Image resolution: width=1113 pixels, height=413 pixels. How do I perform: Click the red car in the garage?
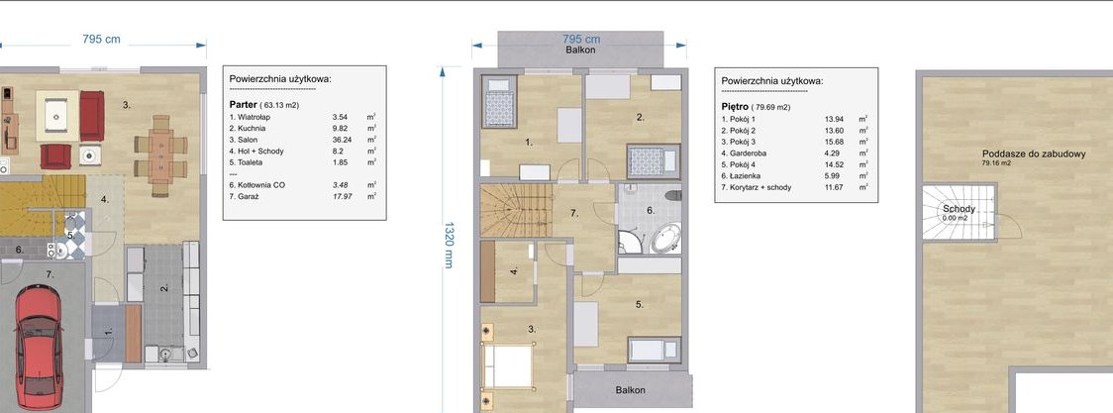pyautogui.click(x=38, y=348)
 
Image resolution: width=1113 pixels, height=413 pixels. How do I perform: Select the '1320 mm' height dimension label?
pyautogui.click(x=449, y=245)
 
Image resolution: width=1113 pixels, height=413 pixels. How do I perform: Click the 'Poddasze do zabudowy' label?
pyautogui.click(x=1034, y=154)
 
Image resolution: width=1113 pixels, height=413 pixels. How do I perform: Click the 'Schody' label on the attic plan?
pyautogui.click(x=959, y=209)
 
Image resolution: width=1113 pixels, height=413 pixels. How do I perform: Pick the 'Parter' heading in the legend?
pyautogui.click(x=243, y=104)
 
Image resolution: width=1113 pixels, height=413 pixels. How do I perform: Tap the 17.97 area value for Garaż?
pyautogui.click(x=343, y=196)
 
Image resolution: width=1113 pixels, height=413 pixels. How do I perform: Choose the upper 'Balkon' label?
pyautogui.click(x=580, y=51)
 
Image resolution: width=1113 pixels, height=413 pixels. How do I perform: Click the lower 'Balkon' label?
pyautogui.click(x=631, y=390)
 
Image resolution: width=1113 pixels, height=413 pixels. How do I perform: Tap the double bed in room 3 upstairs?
pyautogui.click(x=508, y=365)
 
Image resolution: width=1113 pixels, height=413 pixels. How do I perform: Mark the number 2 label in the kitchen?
pyautogui.click(x=164, y=289)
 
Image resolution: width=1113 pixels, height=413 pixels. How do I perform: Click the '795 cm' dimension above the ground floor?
pyautogui.click(x=102, y=40)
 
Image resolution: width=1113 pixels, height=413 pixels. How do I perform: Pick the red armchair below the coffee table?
pyautogui.click(x=56, y=156)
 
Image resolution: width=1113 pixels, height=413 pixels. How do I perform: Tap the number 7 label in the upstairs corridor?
pyautogui.click(x=575, y=213)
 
